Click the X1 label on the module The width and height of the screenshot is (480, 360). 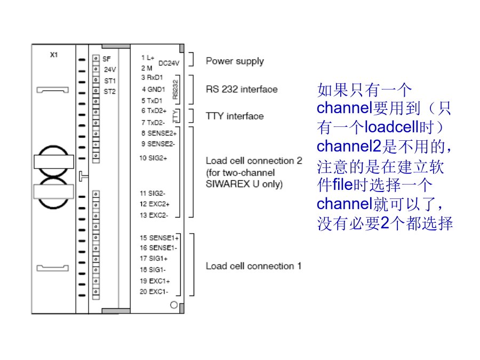[54, 55]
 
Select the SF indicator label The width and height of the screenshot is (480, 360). [107, 59]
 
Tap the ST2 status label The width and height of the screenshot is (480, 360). [109, 92]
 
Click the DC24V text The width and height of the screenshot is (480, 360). [169, 63]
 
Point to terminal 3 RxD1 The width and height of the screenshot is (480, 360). [152, 77]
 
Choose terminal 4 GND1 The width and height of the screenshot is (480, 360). [154, 90]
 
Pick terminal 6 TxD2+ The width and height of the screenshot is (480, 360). [154, 111]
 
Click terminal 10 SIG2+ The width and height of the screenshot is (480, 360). [153, 158]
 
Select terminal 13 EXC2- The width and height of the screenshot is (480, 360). [154, 215]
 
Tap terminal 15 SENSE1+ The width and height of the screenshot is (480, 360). [159, 238]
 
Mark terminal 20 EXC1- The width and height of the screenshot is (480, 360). [154, 292]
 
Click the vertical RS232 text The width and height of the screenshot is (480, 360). [175, 90]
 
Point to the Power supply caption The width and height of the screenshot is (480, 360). [235, 61]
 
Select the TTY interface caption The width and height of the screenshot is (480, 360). [235, 116]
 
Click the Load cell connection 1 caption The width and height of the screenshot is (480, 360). [254, 266]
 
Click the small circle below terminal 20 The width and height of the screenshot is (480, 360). [174, 305]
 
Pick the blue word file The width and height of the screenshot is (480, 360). [343, 185]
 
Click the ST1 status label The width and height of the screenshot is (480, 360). [110, 81]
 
